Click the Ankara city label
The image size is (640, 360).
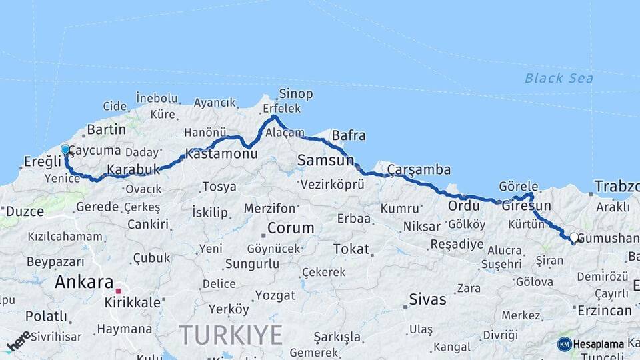[x=83, y=282]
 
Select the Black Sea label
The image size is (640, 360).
[x=559, y=79]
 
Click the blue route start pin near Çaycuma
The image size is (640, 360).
[x=65, y=150]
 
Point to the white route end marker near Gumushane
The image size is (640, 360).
[x=573, y=237]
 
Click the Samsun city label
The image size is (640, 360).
[x=325, y=160]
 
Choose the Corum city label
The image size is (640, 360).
[x=291, y=228]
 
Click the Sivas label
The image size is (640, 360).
[x=428, y=299]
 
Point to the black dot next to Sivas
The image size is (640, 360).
[x=405, y=307]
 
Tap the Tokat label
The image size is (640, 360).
[x=351, y=249]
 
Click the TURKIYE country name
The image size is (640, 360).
[x=231, y=333]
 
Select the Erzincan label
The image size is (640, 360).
[x=605, y=311]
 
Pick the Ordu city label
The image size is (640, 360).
[x=463, y=205]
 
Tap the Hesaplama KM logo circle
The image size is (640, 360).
[x=564, y=344]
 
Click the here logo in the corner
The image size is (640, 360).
[x=19, y=341]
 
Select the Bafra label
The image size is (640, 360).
[x=348, y=136]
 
